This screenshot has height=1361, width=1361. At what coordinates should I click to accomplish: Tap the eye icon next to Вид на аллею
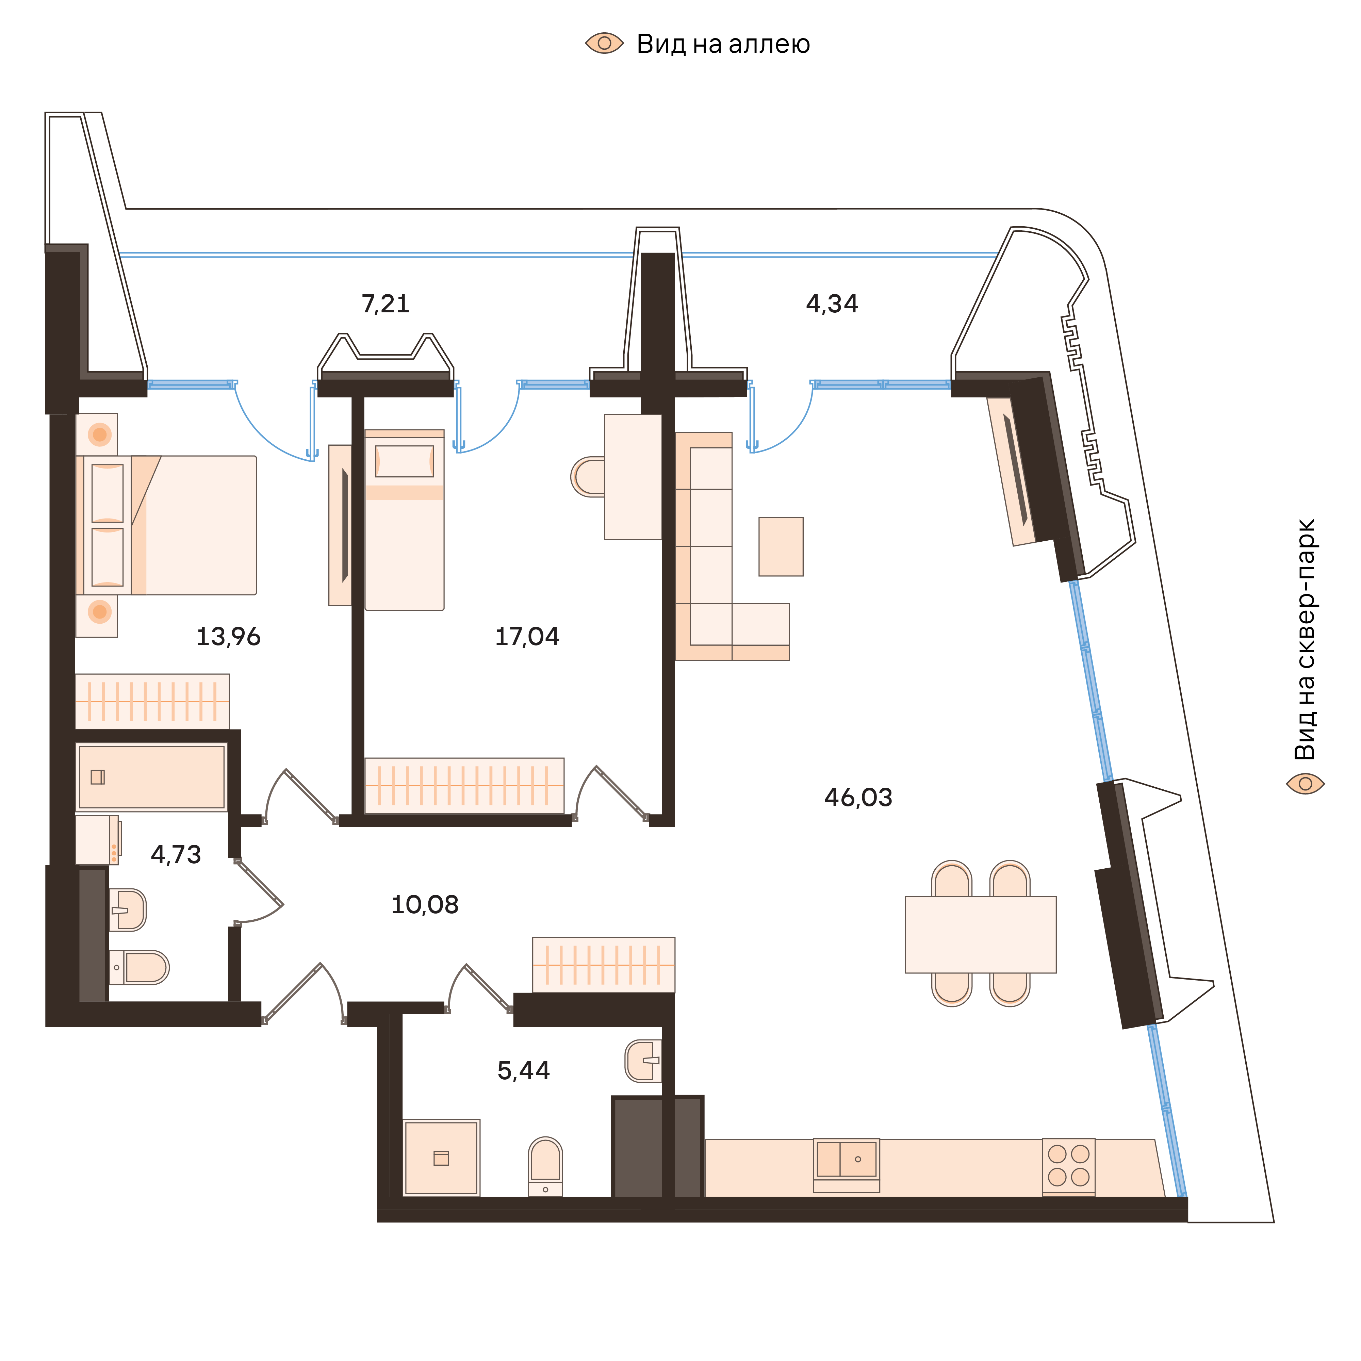(x=604, y=44)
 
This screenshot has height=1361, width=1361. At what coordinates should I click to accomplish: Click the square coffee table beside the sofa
(x=781, y=547)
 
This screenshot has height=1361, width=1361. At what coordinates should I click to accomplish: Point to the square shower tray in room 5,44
(x=441, y=1158)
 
